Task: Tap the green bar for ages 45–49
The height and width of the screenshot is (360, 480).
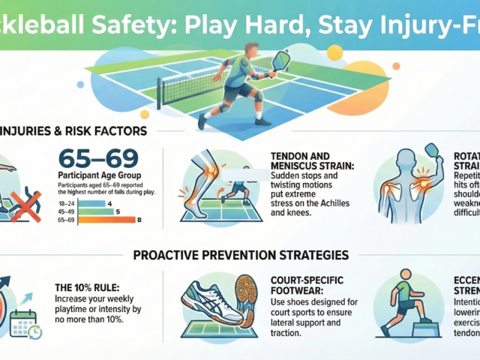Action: pos(97,211)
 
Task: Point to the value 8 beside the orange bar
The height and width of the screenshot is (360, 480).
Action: pos(139,220)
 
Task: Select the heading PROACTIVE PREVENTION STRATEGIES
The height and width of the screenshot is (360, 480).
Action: pos(240,254)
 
